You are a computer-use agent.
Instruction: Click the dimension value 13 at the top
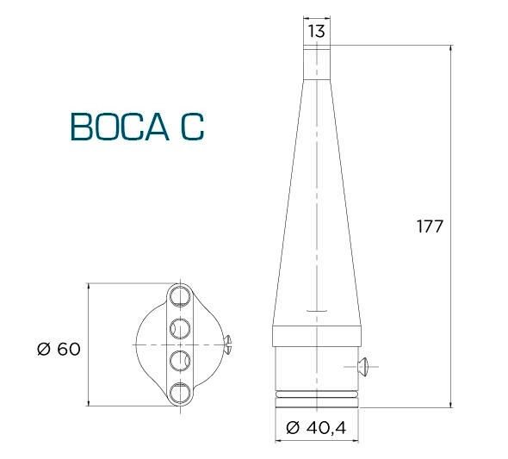tap(316, 31)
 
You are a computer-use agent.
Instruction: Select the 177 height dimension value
tap(430, 226)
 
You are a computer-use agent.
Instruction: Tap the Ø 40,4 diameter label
tap(316, 428)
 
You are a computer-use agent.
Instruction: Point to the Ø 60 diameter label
tap(59, 349)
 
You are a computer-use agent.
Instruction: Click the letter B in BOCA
tap(80, 127)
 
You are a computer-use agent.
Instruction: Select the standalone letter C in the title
tap(193, 127)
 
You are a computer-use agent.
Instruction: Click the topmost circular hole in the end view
tap(180, 296)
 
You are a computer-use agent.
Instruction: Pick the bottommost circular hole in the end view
tap(180, 393)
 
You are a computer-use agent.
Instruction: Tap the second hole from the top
tap(180, 328)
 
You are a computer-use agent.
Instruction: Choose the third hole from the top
tap(180, 361)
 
